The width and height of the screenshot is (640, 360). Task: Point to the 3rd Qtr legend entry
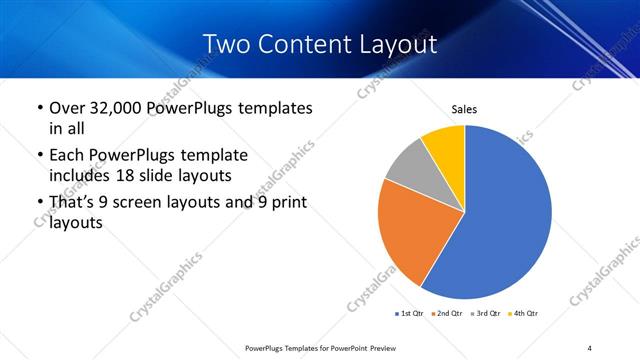pyautogui.click(x=487, y=314)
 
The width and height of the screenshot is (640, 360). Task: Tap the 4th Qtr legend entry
pyautogui.click(x=525, y=314)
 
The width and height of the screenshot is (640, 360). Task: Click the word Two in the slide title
pyautogui.click(x=224, y=44)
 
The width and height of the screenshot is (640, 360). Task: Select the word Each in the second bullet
pyautogui.click(x=68, y=155)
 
